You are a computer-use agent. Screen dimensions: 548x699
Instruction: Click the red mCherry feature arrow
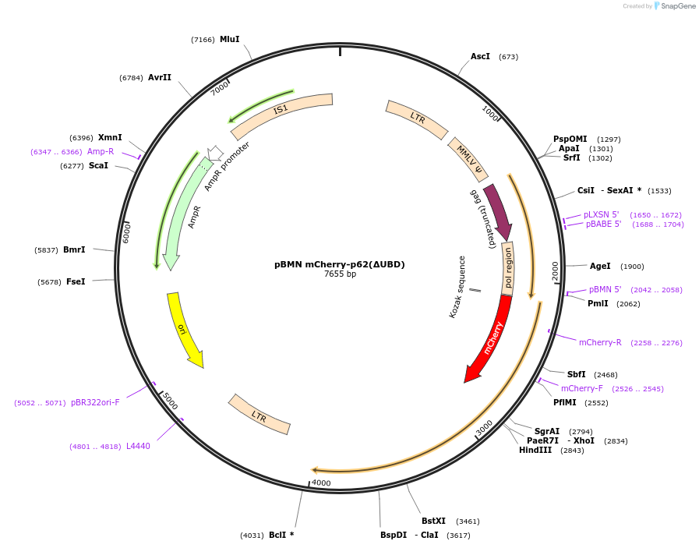coord(489,338)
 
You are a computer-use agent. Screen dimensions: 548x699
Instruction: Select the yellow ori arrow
coord(184,327)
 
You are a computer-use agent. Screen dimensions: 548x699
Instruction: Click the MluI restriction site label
coord(229,39)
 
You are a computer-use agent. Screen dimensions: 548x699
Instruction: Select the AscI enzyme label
coord(480,56)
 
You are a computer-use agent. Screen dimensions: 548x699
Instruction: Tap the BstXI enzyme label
coord(433,521)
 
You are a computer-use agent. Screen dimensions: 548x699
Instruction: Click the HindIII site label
coord(535,450)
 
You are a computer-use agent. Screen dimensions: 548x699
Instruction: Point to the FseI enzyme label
coord(76,281)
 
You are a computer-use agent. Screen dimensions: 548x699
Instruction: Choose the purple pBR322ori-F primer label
coord(95,402)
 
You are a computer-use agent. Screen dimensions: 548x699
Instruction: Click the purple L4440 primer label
coord(138,446)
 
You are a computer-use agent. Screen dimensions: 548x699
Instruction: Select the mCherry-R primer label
coord(600,341)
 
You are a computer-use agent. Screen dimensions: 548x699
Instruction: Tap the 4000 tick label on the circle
coord(321,483)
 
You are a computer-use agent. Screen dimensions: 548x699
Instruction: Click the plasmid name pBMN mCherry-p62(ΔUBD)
coord(340,264)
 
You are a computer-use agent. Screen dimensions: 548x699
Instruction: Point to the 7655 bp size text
coord(340,274)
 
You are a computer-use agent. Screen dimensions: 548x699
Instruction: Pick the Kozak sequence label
coord(457,287)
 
